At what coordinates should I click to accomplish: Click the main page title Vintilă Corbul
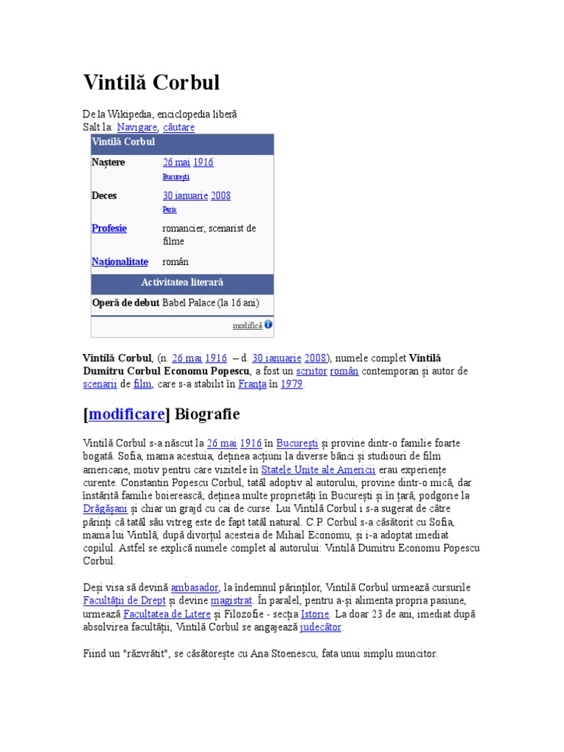point(151,82)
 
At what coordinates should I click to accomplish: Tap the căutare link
point(178,127)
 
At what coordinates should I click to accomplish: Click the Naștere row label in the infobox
point(109,162)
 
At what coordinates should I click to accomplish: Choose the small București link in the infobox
point(176,177)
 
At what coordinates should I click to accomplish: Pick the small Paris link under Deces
point(170,209)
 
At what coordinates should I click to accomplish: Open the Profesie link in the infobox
point(109,228)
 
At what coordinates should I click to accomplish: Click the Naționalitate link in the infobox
point(120,261)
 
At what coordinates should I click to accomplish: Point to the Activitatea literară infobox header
point(182,283)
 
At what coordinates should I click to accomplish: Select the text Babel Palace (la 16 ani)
point(211,303)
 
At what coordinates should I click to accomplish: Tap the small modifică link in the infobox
point(247,325)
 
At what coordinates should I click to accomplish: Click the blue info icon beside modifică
point(268,325)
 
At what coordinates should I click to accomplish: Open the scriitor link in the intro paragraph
point(311,372)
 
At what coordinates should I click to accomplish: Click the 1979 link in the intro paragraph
point(292,384)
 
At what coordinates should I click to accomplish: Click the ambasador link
point(195,587)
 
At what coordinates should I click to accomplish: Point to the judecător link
point(321,627)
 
